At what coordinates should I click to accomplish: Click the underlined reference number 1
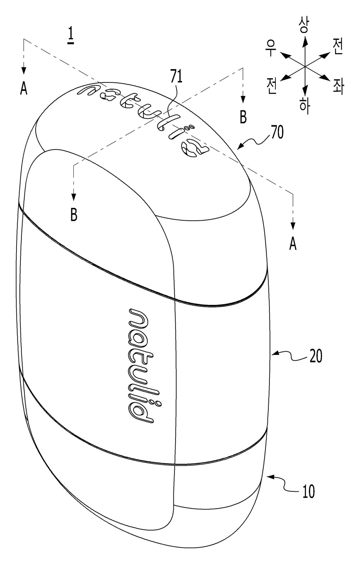point(71,37)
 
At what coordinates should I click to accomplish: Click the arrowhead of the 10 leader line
point(271,476)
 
